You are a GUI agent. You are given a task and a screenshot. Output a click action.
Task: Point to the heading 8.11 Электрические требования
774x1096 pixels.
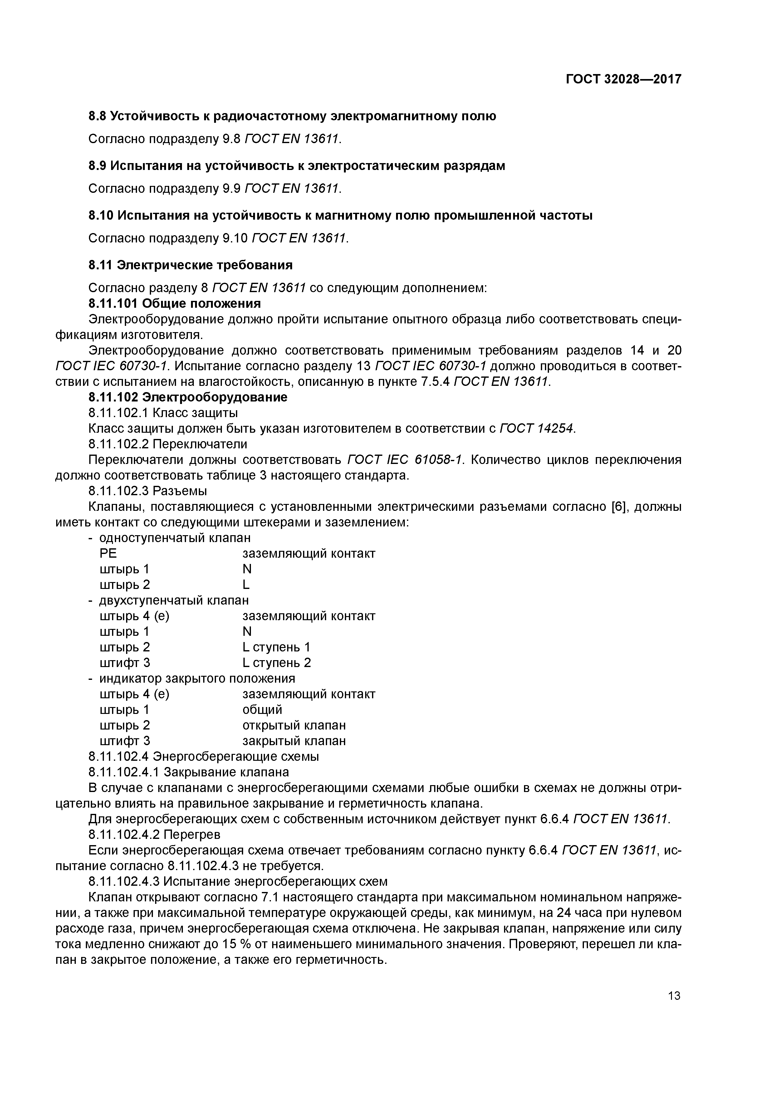pyautogui.click(x=190, y=265)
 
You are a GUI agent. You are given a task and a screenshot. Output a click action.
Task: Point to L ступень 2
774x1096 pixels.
pyautogui.click(x=276, y=663)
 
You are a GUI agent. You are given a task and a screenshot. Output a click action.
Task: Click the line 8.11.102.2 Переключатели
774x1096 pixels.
pyautogui.click(x=168, y=444)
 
